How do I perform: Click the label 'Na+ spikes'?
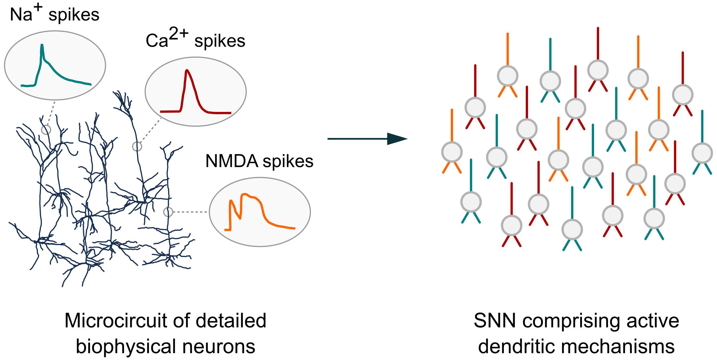54,14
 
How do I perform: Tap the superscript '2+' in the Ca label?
179,33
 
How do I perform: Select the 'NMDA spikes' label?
259,161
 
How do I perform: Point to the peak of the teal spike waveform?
42,45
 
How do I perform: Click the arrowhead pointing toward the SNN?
397,139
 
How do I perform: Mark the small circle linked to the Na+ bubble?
46,130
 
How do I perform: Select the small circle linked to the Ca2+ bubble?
137,146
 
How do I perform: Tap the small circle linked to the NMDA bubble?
168,212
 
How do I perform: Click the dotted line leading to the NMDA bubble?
190,212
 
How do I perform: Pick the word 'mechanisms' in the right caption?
618,347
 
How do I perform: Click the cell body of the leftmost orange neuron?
452,152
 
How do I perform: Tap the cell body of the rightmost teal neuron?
702,153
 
